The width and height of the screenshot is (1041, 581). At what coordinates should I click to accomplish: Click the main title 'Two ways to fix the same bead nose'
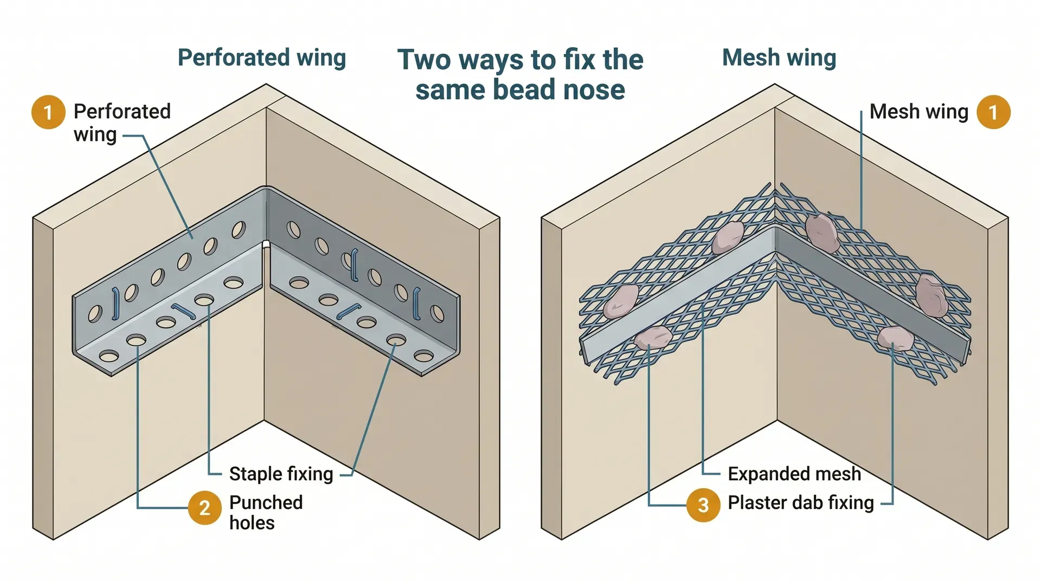click(520, 74)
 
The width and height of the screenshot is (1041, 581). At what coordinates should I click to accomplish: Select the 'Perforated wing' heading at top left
click(262, 57)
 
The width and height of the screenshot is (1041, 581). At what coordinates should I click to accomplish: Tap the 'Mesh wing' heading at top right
click(779, 57)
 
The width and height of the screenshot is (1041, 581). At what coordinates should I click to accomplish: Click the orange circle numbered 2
click(204, 508)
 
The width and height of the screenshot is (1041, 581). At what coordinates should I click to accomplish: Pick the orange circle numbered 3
click(703, 505)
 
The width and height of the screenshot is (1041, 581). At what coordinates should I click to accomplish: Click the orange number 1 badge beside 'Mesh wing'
click(993, 112)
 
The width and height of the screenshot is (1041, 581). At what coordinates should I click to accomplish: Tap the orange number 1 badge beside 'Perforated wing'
click(48, 112)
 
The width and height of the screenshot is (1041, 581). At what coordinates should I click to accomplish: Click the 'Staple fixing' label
click(281, 474)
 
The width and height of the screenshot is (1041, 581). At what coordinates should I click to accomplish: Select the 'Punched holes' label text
click(266, 512)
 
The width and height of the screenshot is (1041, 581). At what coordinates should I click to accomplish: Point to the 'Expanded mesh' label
click(794, 474)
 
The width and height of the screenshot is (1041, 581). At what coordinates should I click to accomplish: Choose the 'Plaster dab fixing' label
click(800, 502)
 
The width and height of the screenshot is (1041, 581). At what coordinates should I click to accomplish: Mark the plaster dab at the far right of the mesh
click(931, 295)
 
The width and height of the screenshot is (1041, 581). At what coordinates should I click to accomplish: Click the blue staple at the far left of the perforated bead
click(115, 304)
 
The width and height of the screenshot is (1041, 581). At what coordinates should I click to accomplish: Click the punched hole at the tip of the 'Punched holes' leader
click(137, 340)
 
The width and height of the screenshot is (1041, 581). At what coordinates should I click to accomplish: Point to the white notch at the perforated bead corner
click(266, 244)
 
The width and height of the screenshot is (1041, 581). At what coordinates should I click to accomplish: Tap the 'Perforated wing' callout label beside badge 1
click(121, 122)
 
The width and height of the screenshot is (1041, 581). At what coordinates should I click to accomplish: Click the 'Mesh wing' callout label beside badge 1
click(918, 112)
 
